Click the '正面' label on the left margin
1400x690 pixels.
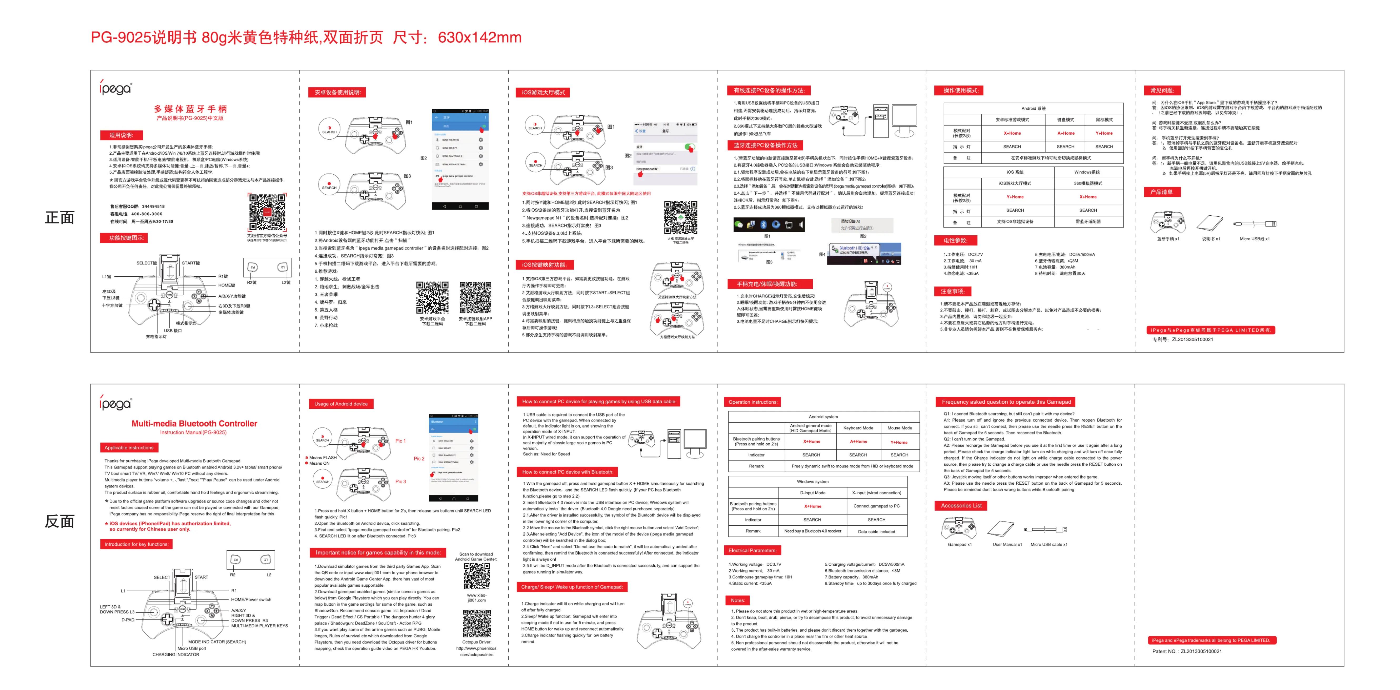pyautogui.click(x=59, y=218)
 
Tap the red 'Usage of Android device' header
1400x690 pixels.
pyautogui.click(x=341, y=404)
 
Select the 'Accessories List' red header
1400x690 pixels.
pyautogui.click(x=961, y=505)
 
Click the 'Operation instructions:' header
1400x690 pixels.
pyautogui.click(x=753, y=402)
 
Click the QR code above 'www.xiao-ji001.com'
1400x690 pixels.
pyautogui.click(x=477, y=576)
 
